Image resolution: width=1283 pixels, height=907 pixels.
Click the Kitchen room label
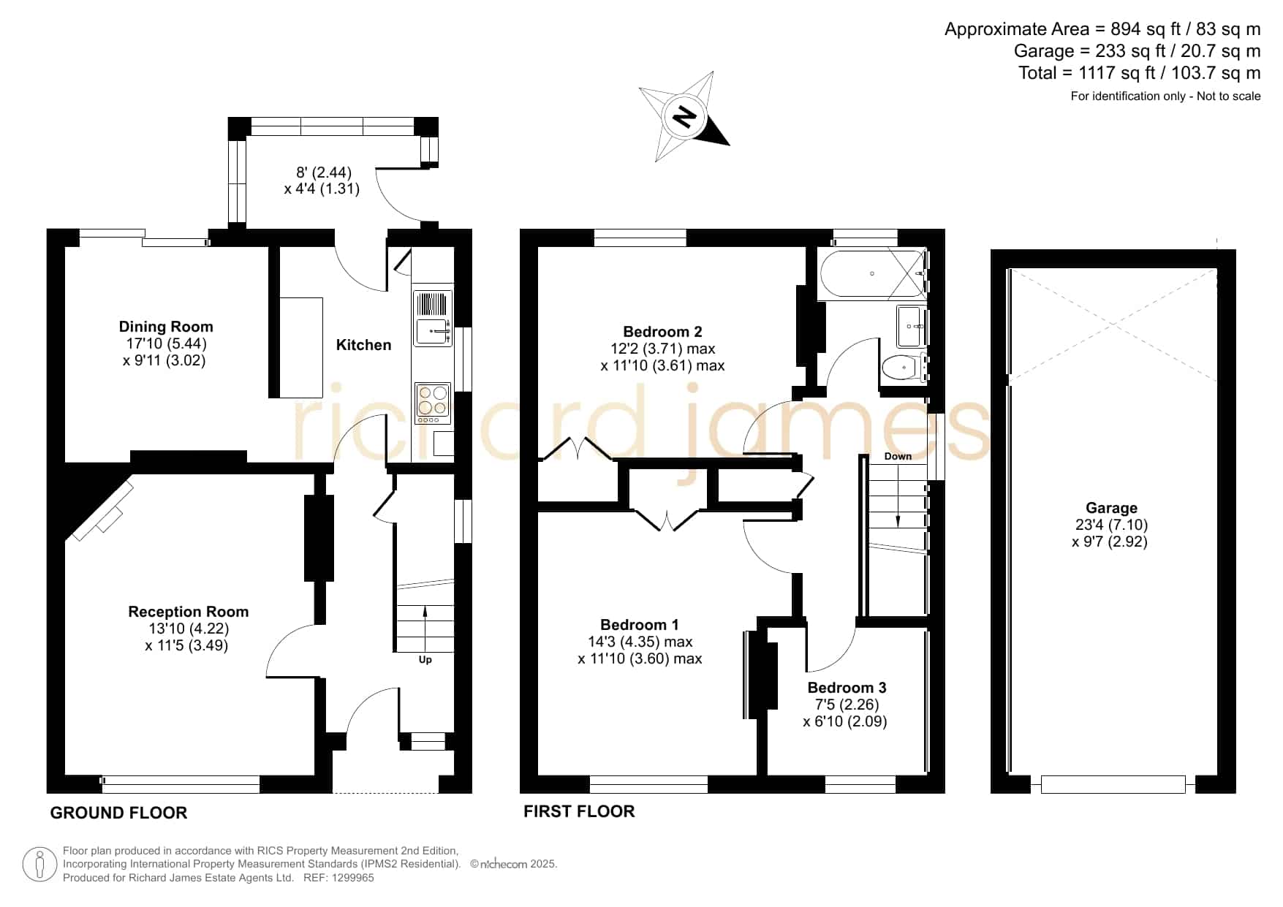tap(363, 345)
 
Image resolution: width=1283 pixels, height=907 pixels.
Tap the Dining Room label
tap(166, 327)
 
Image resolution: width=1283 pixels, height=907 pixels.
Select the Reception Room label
tap(189, 612)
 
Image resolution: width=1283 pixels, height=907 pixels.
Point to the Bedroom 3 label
tap(847, 688)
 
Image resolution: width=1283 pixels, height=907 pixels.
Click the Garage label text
tap(1111, 508)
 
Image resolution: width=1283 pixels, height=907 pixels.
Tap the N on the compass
tap(684, 116)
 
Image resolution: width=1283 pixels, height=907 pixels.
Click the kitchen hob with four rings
tap(433, 403)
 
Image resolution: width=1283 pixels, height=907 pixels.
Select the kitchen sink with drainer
tap(434, 319)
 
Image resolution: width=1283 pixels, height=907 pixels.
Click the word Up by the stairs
tap(425, 659)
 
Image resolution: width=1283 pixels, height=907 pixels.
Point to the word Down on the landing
tap(898, 456)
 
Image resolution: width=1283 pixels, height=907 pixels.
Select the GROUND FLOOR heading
tap(118, 813)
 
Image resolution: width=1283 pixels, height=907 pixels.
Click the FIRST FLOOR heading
tap(579, 811)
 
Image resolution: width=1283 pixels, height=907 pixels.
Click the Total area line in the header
tap(1140, 73)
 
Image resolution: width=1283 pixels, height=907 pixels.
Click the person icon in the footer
tap(39, 865)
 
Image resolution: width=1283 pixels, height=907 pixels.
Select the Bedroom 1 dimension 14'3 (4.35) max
tap(640, 642)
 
